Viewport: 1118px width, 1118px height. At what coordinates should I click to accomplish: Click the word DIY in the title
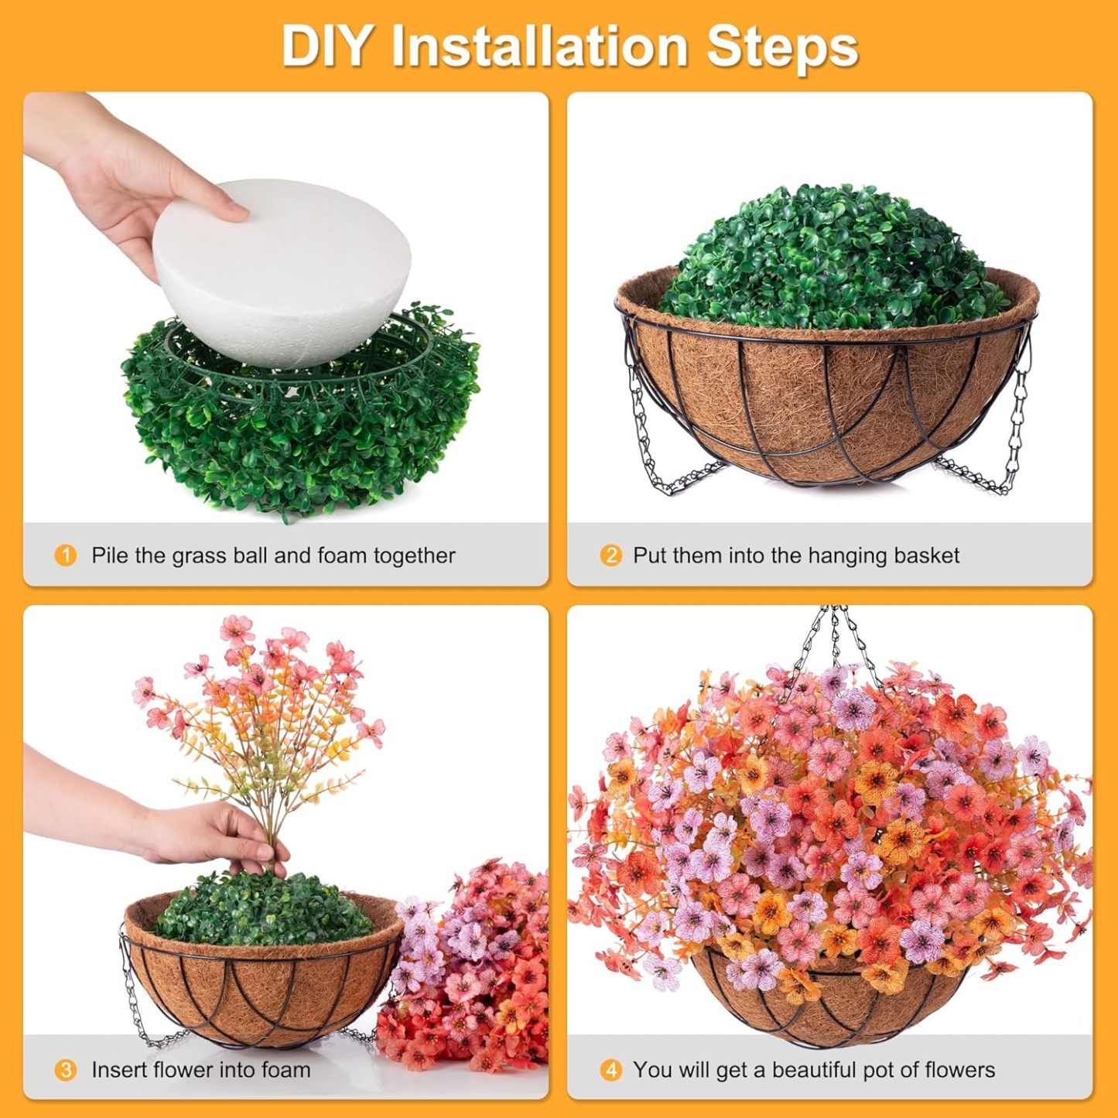click(326, 46)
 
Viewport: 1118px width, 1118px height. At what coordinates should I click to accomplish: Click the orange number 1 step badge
click(66, 556)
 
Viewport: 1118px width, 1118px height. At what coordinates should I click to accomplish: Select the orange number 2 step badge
click(610, 556)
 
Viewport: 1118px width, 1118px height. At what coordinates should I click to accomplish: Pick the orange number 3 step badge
click(66, 1070)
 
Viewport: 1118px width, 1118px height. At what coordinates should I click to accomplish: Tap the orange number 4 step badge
click(610, 1070)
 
